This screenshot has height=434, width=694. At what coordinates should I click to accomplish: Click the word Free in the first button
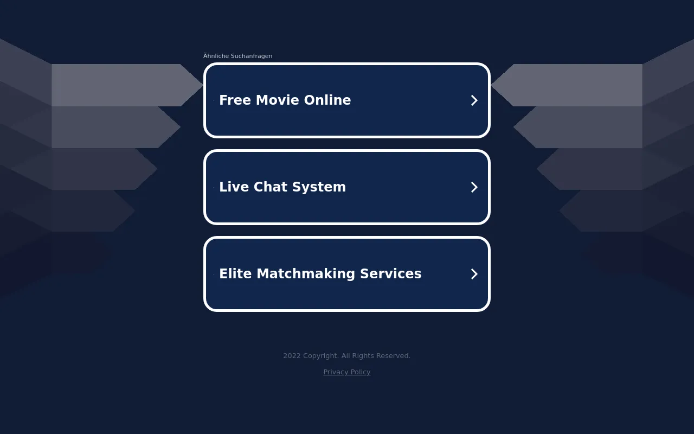pyautogui.click(x=235, y=100)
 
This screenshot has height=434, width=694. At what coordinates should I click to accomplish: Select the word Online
pyautogui.click(x=327, y=100)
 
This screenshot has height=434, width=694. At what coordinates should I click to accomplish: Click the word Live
pyautogui.click(x=234, y=187)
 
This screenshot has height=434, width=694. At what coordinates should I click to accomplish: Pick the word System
pyautogui.click(x=319, y=187)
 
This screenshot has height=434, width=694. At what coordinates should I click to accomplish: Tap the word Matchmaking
pyautogui.click(x=305, y=274)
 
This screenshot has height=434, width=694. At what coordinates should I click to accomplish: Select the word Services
pyautogui.click(x=391, y=274)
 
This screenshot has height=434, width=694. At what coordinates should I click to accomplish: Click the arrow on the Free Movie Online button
pyautogui.click(x=474, y=100)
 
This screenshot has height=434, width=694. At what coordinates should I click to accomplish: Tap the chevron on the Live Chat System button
pyautogui.click(x=474, y=187)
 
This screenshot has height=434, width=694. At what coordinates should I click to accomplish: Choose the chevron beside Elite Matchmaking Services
pyautogui.click(x=474, y=274)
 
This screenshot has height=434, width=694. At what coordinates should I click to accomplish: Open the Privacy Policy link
pyautogui.click(x=346, y=372)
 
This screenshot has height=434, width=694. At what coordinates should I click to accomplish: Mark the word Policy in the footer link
pyautogui.click(x=361, y=372)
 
